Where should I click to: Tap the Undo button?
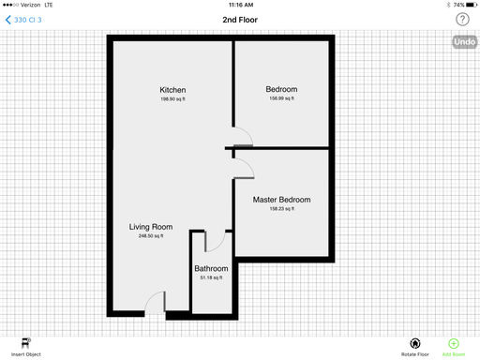pyautogui.click(x=465, y=42)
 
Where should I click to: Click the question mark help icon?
pyautogui.click(x=462, y=20)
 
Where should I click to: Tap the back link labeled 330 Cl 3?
pyautogui.click(x=23, y=20)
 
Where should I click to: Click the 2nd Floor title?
pyautogui.click(x=240, y=20)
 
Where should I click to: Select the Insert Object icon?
pyautogui.click(x=26, y=343)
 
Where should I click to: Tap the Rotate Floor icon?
pyautogui.click(x=415, y=343)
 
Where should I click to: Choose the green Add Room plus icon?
pyautogui.click(x=454, y=343)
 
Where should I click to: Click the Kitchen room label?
pyautogui.click(x=172, y=90)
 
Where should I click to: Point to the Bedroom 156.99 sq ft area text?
pyautogui.click(x=281, y=98)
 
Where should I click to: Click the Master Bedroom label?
pyautogui.click(x=281, y=200)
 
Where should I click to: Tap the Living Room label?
pyautogui.click(x=151, y=227)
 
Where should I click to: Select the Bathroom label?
pyautogui.click(x=211, y=268)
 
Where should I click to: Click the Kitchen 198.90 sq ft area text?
pyautogui.click(x=172, y=99)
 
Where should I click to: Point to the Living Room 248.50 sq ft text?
pyautogui.click(x=151, y=236)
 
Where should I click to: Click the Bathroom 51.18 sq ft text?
pyautogui.click(x=211, y=277)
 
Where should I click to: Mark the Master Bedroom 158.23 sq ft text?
pyautogui.click(x=282, y=209)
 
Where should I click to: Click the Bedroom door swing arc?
pyautogui.click(x=247, y=132)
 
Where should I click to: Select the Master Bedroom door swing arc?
pyautogui.click(x=249, y=164)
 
